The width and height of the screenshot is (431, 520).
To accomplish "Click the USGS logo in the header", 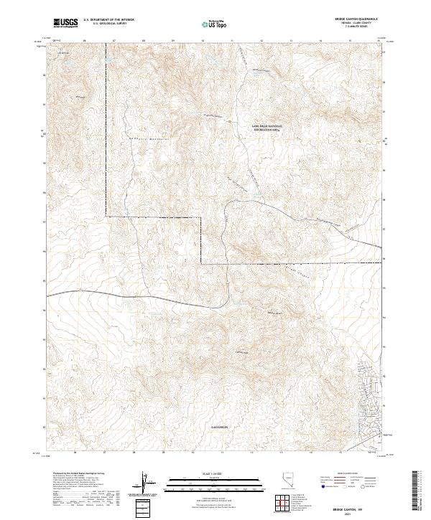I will (x=66, y=23).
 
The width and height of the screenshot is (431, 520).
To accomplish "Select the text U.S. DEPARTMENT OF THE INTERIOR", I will (x=108, y=20).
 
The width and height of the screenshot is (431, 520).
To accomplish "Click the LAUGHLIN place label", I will (x=219, y=426).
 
